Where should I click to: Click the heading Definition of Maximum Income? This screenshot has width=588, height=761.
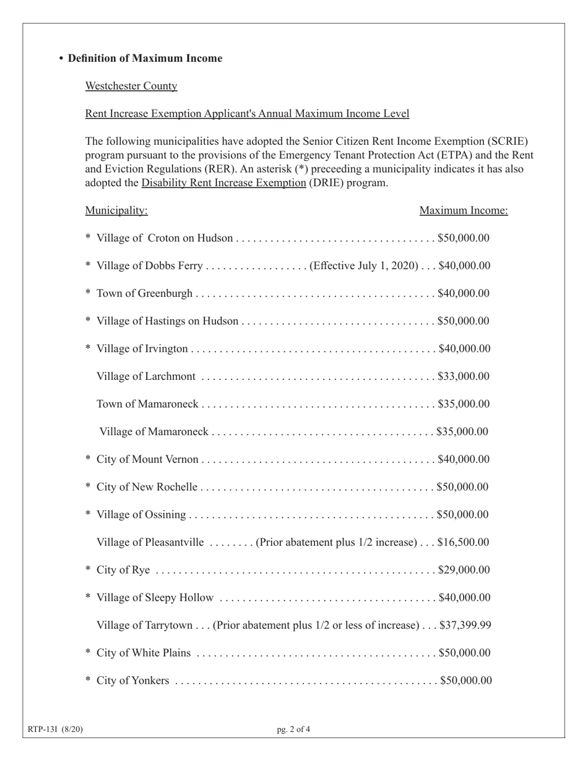coord(145,58)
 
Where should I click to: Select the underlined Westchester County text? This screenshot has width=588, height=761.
coord(131,86)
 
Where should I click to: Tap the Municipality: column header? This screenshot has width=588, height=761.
coord(116,210)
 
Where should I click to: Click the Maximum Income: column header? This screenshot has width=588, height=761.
coord(464,210)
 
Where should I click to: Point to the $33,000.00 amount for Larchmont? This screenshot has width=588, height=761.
coord(463,376)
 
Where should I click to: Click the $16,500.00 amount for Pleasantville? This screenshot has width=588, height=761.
coord(463,543)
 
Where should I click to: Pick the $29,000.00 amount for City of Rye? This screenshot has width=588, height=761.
coord(464,570)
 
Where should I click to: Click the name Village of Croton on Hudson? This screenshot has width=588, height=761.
coord(165,238)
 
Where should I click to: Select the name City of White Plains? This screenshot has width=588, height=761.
coord(144,653)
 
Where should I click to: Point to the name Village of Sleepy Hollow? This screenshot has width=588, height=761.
coord(155,598)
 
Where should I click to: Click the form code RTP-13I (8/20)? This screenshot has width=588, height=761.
coord(55,729)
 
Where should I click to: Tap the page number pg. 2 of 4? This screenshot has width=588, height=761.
coord(293,729)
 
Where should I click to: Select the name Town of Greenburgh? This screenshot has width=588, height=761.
coord(145,293)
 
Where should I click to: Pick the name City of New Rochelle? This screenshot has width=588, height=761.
coord(147,487)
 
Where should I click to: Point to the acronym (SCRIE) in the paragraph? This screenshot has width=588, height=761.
coord(507,141)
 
